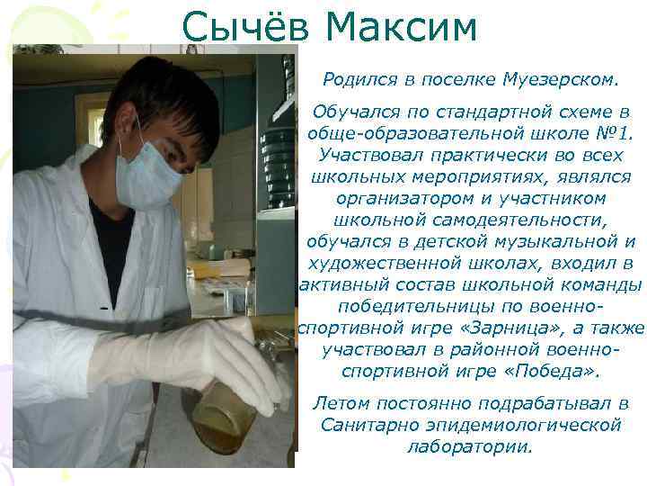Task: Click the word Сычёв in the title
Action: pyautogui.click(x=245, y=28)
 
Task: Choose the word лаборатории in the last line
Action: pyautogui.click(x=470, y=446)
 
